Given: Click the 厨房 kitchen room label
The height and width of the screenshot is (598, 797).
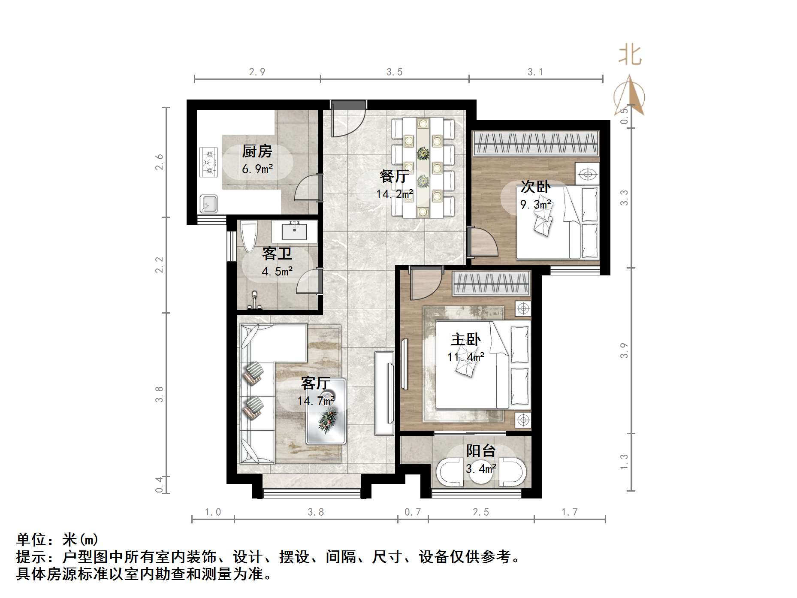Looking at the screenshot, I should [257, 151].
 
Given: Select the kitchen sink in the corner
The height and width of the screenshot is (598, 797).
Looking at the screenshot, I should [209, 203].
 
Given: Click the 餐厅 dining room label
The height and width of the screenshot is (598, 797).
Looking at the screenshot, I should [394, 176].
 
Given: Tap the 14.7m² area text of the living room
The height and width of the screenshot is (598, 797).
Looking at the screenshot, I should [316, 401].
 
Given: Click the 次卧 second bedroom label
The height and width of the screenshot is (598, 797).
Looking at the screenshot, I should [535, 187].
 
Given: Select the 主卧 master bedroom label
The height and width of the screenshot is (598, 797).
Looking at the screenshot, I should [465, 340].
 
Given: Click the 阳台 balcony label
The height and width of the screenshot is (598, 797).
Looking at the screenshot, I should [481, 451].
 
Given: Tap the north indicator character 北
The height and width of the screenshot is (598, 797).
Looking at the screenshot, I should [630, 56].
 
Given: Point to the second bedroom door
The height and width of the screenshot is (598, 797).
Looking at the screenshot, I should [483, 242].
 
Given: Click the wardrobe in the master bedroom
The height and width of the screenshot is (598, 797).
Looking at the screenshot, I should [492, 284].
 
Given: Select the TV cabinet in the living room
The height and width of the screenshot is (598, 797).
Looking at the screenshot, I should [384, 393].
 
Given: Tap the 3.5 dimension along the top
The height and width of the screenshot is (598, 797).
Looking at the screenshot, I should [394, 72].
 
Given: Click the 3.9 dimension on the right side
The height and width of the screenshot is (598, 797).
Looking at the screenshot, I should [624, 350].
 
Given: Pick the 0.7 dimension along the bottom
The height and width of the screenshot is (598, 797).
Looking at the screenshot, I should [413, 512].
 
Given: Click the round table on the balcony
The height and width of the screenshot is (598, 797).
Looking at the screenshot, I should [480, 472].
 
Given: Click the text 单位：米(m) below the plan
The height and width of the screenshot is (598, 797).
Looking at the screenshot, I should [57, 539].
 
